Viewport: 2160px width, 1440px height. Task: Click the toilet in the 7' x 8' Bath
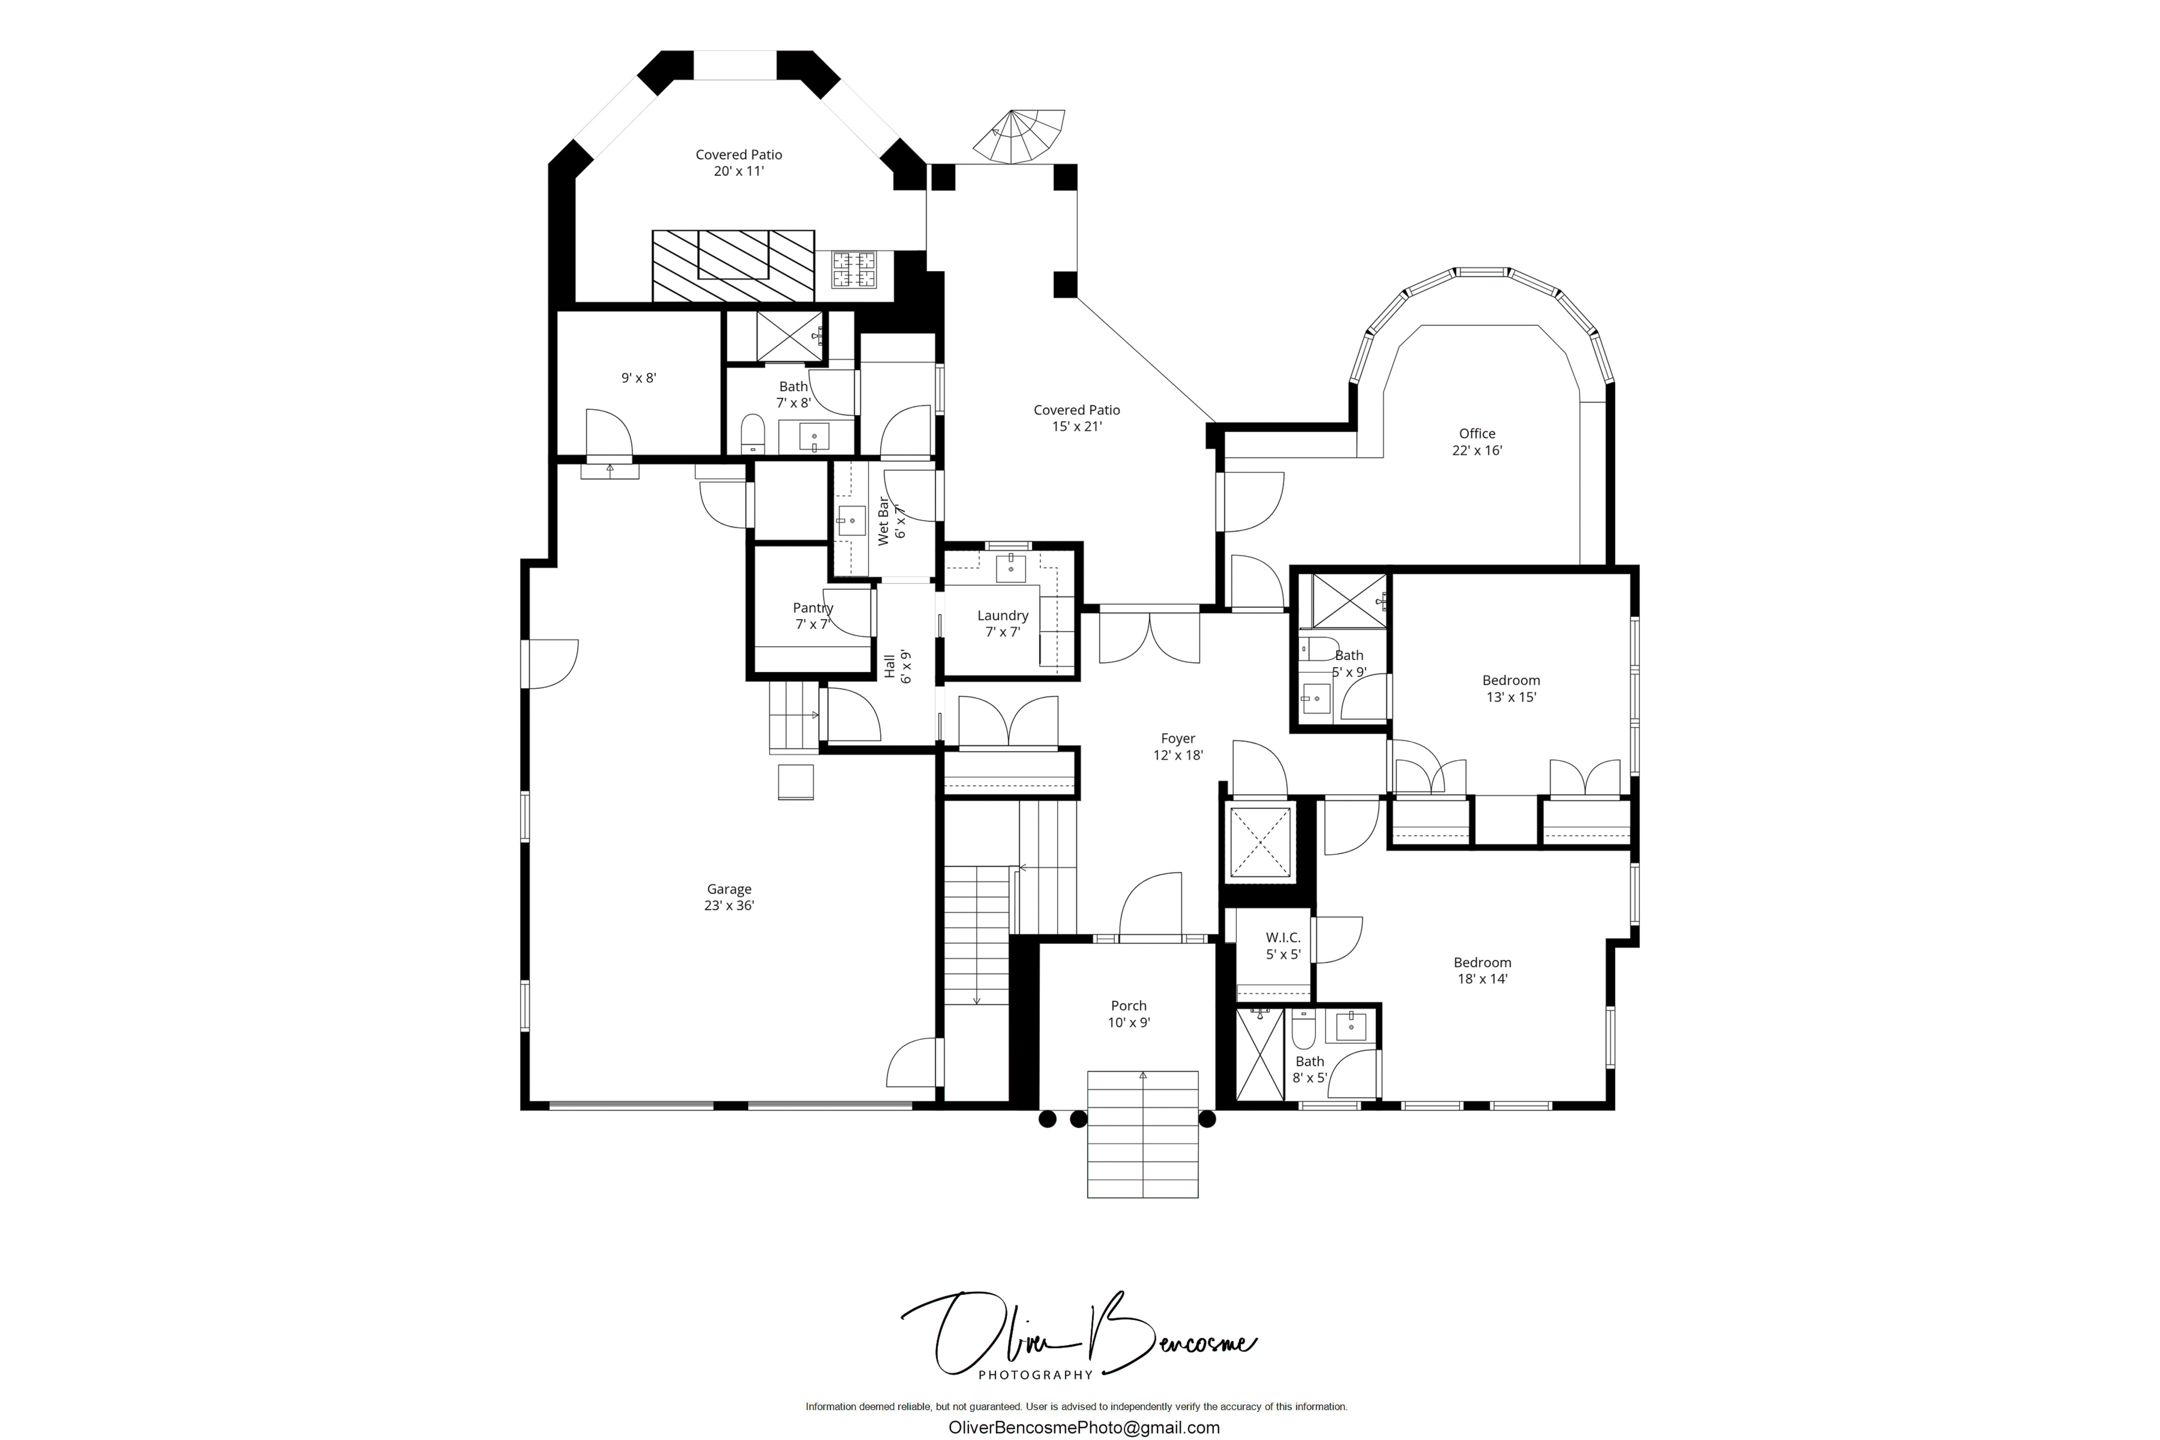tap(752, 433)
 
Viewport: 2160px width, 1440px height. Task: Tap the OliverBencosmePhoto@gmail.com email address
tap(1084, 1427)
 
